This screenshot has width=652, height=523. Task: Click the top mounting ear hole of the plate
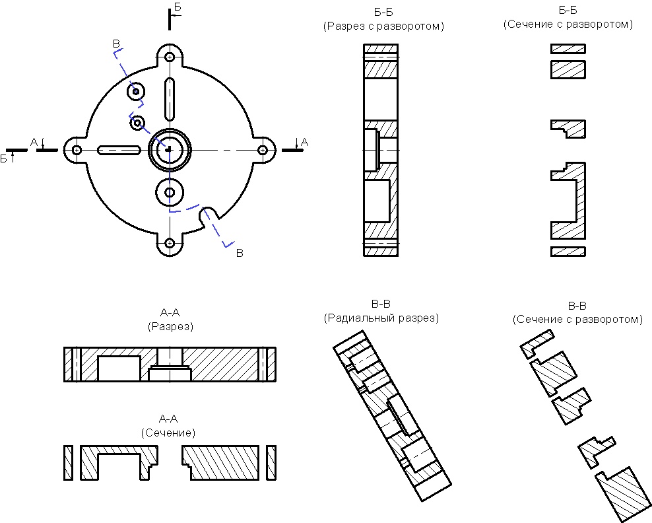[x=170, y=57]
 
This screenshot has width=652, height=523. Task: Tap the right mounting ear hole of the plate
[x=263, y=151]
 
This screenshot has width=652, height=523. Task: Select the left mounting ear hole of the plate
[x=77, y=151]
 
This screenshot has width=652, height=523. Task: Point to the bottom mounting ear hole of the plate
[x=170, y=244]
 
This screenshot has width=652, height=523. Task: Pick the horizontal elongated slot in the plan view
[x=119, y=150]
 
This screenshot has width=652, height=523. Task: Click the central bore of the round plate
[x=170, y=150]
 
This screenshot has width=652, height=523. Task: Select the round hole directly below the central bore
[x=170, y=192]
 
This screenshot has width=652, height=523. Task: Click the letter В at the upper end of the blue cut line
[x=117, y=44]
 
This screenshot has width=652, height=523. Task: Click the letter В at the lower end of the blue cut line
[x=240, y=253]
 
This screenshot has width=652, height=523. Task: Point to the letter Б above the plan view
[x=177, y=7]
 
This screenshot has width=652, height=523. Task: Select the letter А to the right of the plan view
[x=304, y=141]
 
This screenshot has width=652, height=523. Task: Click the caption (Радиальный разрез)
[x=381, y=318]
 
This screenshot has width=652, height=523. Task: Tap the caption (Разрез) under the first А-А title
[x=170, y=326]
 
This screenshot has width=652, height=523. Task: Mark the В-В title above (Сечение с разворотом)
[x=577, y=306]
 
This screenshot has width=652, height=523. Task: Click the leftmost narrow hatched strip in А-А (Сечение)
[x=68, y=463]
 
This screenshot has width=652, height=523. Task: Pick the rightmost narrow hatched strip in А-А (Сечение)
[x=271, y=463]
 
